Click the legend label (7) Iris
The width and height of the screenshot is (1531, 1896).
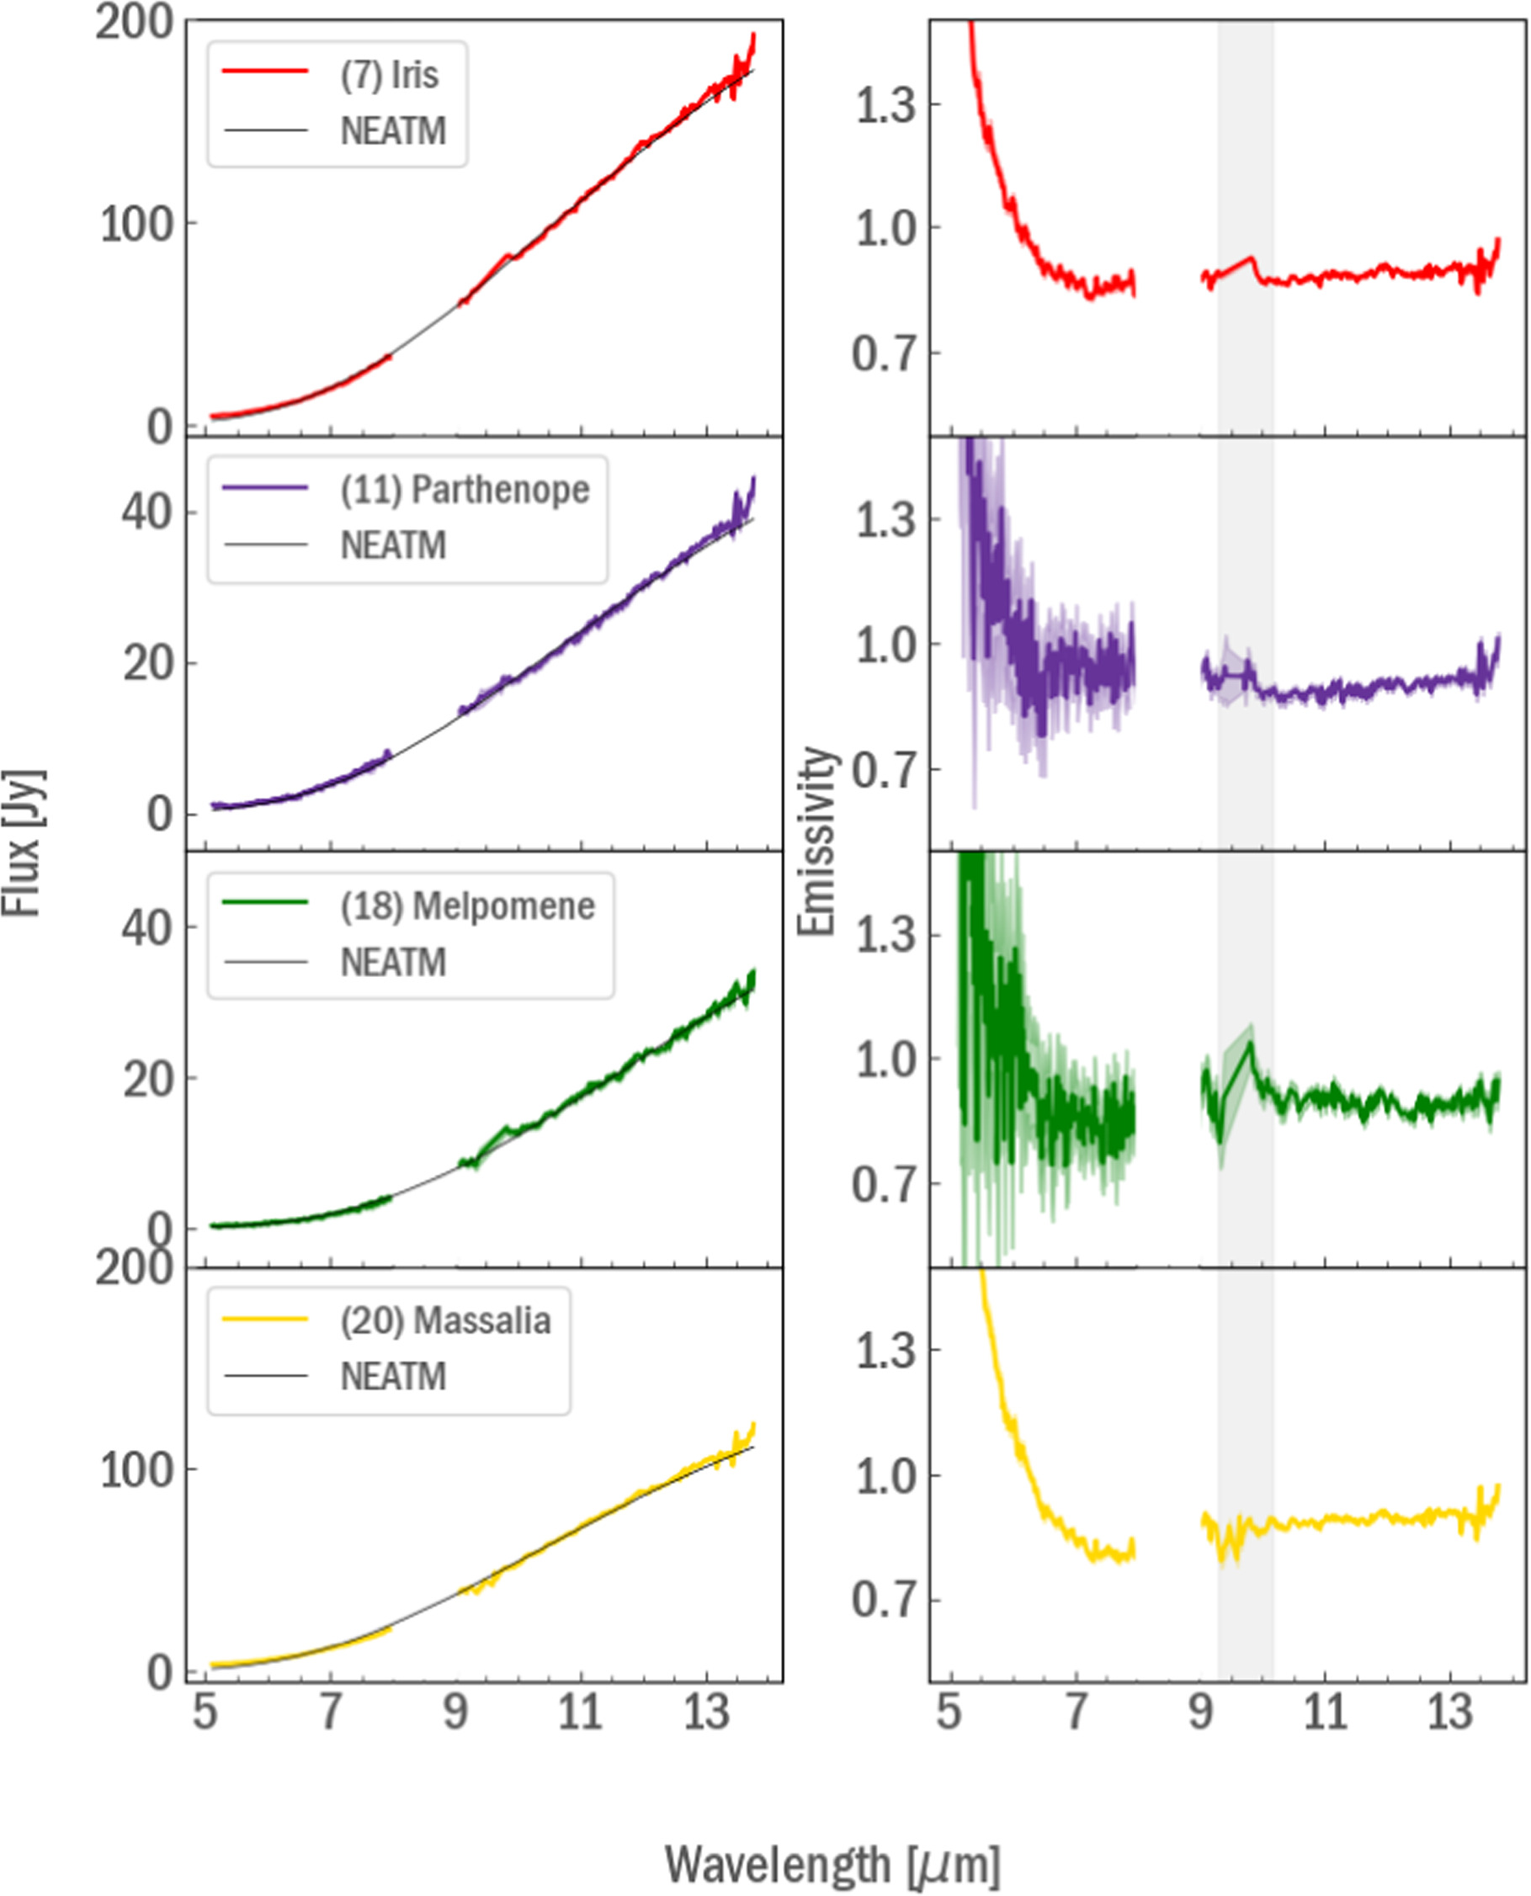[389, 74]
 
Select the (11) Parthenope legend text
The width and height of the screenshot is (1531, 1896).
[465, 490]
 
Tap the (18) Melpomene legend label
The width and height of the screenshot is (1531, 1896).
[467, 906]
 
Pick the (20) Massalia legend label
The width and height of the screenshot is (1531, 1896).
[445, 1320]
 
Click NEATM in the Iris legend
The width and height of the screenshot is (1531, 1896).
[393, 130]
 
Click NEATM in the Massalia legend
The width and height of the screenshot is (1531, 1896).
[393, 1377]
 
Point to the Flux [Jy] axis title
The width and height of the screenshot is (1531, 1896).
[21, 844]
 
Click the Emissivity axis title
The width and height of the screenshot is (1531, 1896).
[815, 841]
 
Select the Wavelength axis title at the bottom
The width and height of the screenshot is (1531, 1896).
[832, 1864]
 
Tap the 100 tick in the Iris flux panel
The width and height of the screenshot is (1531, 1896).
[135, 225]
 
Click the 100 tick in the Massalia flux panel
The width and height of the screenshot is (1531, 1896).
[135, 1471]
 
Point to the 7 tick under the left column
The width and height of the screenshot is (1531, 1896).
[330, 1712]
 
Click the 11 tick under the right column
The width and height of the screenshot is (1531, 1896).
[1326, 1712]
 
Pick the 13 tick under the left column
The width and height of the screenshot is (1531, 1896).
[706, 1712]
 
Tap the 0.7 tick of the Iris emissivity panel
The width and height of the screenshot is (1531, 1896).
[884, 354]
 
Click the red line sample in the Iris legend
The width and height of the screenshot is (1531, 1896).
[265, 70]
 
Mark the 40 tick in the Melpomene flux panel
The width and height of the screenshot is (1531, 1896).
[146, 927]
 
